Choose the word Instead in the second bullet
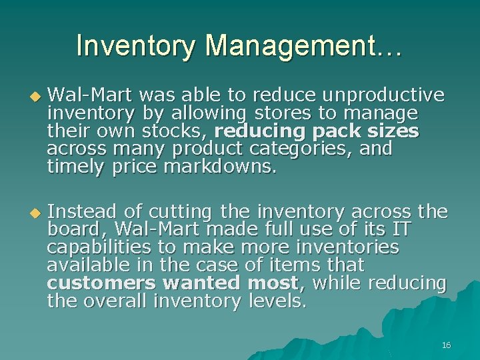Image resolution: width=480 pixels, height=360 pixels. pos(85,212)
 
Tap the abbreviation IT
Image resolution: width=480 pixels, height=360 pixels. pos(401,230)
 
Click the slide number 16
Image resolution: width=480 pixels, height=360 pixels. pos(446,345)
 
